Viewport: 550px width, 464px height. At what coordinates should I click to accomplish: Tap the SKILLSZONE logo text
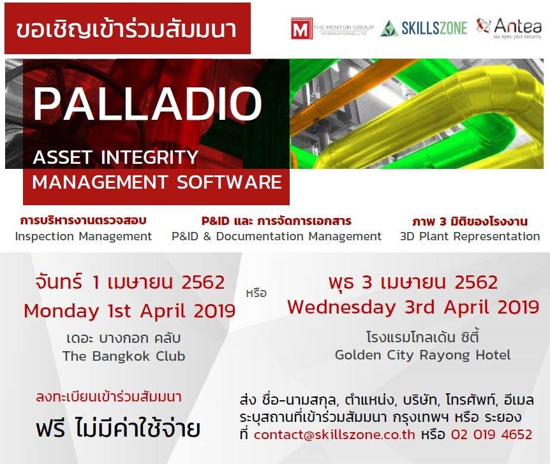[x=435, y=28]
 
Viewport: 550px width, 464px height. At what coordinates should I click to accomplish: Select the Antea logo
[x=509, y=27]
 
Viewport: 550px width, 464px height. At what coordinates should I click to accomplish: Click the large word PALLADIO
[x=147, y=104]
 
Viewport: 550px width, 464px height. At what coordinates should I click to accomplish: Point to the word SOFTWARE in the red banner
[x=230, y=182]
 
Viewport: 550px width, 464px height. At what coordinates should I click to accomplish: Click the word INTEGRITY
[x=149, y=157]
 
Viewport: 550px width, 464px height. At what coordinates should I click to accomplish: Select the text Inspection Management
[x=84, y=236]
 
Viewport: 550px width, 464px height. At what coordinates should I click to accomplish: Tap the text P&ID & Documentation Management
[x=276, y=236]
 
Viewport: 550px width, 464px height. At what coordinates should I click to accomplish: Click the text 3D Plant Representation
[x=470, y=236]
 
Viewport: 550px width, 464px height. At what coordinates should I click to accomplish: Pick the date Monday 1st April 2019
[x=130, y=311]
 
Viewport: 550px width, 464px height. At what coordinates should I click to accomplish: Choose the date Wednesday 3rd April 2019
[x=413, y=307]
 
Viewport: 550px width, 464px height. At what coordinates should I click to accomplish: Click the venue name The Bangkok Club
[x=124, y=356]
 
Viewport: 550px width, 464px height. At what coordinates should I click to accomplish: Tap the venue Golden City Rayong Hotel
[x=422, y=355]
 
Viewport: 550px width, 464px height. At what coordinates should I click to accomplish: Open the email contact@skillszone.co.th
[x=334, y=435]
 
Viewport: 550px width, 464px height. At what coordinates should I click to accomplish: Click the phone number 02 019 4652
[x=491, y=435]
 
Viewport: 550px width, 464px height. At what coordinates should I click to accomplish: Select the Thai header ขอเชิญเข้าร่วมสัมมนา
[x=126, y=29]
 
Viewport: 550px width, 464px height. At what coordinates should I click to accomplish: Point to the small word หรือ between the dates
[x=256, y=293]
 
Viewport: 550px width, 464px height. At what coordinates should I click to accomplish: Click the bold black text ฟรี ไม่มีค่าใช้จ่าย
[x=118, y=428]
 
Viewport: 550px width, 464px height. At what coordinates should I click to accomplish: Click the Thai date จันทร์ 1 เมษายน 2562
[x=130, y=282]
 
